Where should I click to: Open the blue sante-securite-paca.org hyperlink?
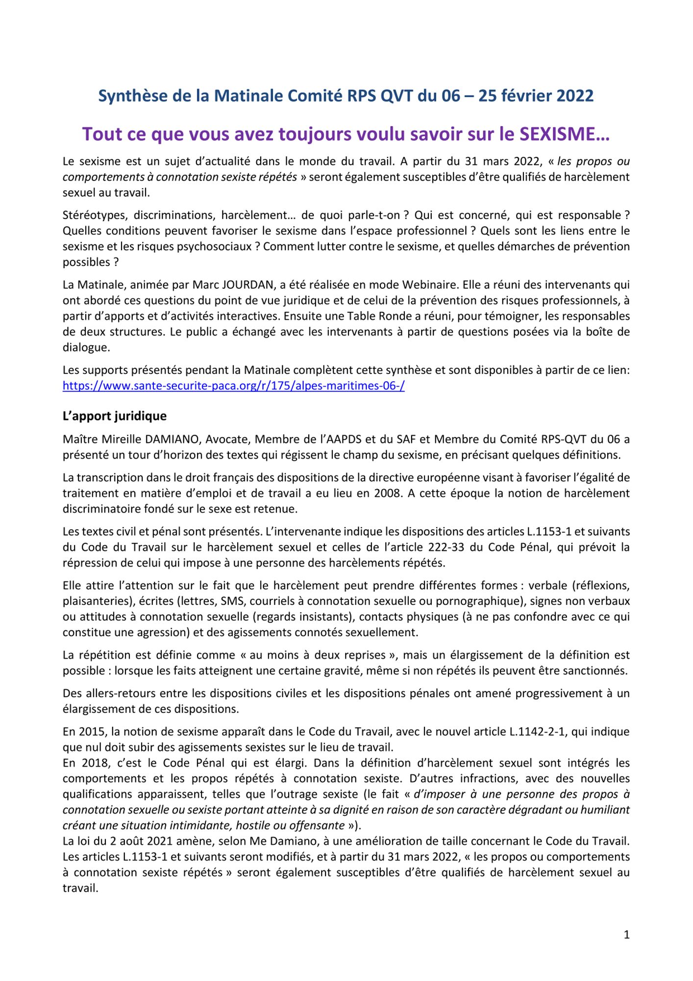pyautogui.click(x=233, y=386)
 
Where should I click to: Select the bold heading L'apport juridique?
pyautogui.click(x=114, y=416)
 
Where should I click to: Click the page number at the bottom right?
pyautogui.click(x=626, y=934)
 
